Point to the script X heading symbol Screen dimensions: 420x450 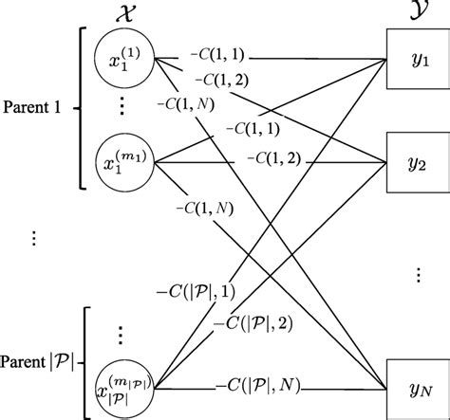pyautogui.click(x=124, y=13)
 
